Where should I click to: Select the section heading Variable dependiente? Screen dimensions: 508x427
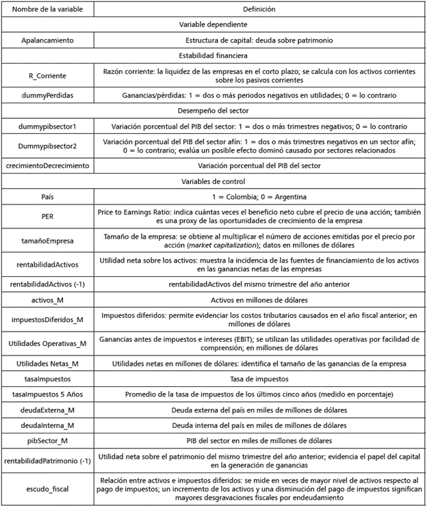[x=213, y=25]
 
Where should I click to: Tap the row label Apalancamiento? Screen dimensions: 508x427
[x=47, y=40]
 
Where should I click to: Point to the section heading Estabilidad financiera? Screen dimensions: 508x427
[x=213, y=55]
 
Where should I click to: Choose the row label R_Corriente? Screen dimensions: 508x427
[x=47, y=75]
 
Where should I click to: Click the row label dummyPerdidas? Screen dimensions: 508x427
[x=47, y=96]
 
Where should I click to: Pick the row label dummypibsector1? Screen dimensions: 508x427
[x=47, y=126]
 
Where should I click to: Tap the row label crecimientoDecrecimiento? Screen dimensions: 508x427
[x=47, y=166]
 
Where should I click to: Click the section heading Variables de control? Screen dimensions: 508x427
[x=213, y=182]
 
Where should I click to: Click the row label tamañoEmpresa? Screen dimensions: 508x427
[x=47, y=241]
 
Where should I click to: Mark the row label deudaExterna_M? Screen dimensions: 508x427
[x=47, y=410]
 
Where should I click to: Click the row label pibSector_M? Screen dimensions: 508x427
[x=47, y=440]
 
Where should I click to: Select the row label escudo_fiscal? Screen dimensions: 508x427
[x=47, y=489]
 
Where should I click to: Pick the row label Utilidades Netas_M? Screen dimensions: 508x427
[x=47, y=363]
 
